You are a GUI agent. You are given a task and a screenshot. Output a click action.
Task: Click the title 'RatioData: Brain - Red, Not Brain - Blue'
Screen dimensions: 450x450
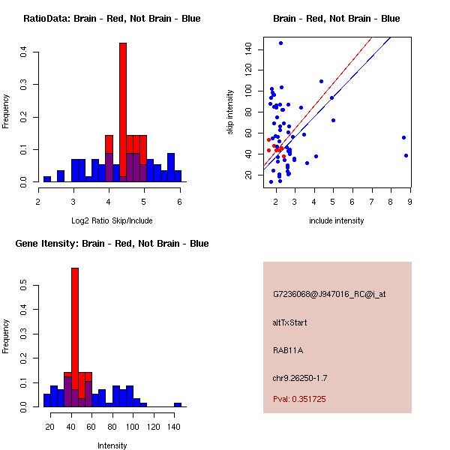pyautogui.click(x=112, y=19)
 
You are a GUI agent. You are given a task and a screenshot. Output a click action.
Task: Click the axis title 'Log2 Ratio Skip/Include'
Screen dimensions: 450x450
pyautogui.click(x=111, y=220)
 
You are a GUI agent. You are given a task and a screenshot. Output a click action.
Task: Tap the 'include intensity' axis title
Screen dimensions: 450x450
pyautogui.click(x=337, y=220)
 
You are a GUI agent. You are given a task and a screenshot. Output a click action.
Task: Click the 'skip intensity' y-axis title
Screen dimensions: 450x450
pyautogui.click(x=231, y=112)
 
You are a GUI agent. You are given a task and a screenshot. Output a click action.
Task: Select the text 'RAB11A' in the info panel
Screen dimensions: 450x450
pyautogui.click(x=286, y=350)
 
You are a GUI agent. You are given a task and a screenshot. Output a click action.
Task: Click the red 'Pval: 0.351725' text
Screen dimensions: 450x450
pyautogui.click(x=299, y=399)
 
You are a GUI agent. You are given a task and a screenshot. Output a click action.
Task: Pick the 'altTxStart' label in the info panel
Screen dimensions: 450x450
pyautogui.click(x=290, y=322)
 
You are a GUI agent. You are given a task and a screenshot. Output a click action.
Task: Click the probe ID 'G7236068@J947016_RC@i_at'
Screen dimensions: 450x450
pyautogui.click(x=329, y=295)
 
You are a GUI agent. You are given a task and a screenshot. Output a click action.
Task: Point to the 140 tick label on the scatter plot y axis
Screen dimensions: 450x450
pyautogui.click(x=247, y=49)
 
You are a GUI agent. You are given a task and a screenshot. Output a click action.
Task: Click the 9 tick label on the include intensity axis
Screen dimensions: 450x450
pyautogui.click(x=410, y=201)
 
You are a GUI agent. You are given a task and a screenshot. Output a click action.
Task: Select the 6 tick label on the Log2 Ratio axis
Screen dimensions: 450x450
pyautogui.click(x=180, y=201)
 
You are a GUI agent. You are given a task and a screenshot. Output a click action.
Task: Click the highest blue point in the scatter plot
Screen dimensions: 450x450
pyautogui.click(x=280, y=43)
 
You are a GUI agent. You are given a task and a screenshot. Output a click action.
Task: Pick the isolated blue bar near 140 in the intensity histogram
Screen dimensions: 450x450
pyautogui.click(x=178, y=404)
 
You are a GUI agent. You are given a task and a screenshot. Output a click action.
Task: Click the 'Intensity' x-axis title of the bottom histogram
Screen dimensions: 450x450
pyautogui.click(x=112, y=445)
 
